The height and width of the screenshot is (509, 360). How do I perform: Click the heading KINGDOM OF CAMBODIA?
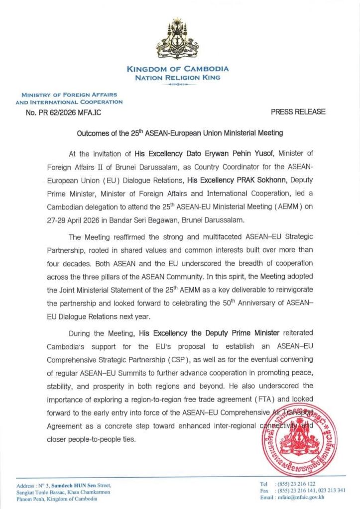click(178, 69)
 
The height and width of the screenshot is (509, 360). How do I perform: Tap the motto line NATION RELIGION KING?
click(178, 78)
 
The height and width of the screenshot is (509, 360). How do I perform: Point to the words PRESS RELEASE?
click(298, 112)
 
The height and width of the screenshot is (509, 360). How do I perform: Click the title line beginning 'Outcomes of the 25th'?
click(180, 133)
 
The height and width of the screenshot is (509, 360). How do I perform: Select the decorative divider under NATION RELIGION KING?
click(178, 85)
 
